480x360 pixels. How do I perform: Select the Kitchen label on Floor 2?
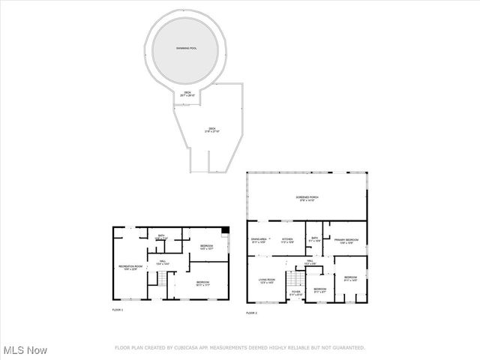[286, 241]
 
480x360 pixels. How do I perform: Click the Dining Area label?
[259, 241]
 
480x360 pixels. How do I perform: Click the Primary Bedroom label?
[346, 241]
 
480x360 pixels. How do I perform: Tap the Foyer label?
[295, 293]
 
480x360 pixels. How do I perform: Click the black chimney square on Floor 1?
[226, 230]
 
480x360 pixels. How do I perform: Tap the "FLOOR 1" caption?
[118, 310]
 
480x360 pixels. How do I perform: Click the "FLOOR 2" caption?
[252, 313]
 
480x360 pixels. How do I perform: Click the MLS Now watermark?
[25, 350]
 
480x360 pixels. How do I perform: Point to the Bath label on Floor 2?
[314, 240]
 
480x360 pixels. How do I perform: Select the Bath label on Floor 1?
[160, 238]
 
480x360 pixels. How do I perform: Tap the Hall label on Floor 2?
[308, 262]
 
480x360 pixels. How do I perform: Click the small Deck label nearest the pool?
[188, 94]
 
